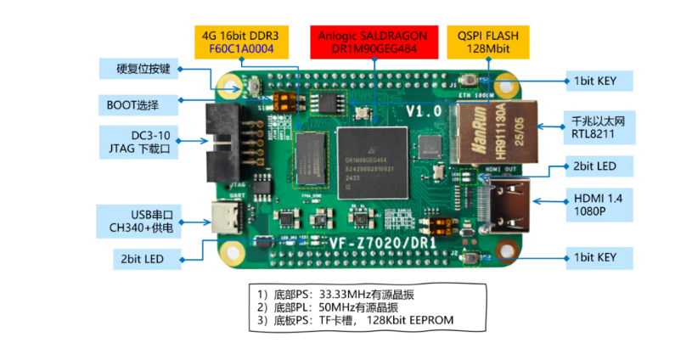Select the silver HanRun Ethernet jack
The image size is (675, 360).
click(493, 132)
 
